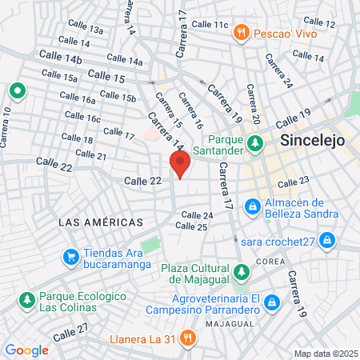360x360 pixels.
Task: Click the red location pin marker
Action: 180,166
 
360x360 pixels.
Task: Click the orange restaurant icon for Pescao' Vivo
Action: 241,34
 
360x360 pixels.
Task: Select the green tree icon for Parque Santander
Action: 255,144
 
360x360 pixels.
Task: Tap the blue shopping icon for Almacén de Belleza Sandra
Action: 253,207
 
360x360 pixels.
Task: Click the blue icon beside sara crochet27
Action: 326,239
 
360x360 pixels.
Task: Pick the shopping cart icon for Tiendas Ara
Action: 71,257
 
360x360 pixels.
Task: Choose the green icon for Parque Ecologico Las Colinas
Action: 26,299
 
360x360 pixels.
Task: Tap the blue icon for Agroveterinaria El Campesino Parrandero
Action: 272,302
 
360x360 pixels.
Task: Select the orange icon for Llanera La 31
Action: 187,337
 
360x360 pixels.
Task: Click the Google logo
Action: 26,350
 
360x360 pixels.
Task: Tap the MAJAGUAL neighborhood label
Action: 230,324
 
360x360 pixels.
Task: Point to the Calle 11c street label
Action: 210,26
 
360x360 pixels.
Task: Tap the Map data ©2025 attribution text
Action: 325,354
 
